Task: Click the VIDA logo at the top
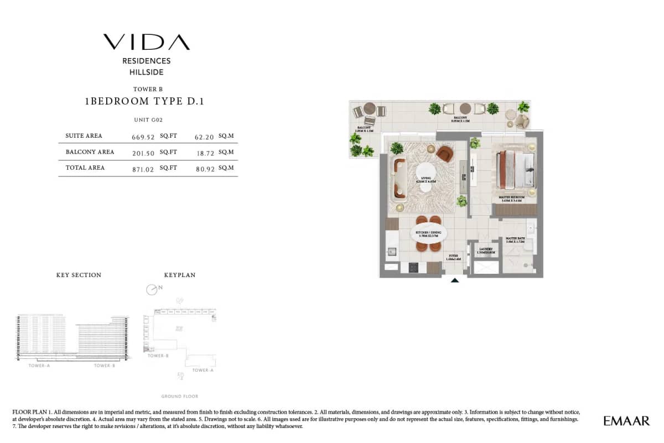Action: pos(146,42)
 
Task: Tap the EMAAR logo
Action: pos(626,421)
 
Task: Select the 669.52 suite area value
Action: pos(142,137)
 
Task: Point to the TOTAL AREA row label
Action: pos(85,168)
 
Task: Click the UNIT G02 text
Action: pos(148,119)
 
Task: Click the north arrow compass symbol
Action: pos(152,289)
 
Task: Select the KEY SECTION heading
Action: pos(79,275)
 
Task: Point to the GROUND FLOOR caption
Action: pos(179,397)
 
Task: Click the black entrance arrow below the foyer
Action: pos(454,280)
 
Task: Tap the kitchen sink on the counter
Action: pos(392,252)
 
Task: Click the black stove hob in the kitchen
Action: pos(413,268)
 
